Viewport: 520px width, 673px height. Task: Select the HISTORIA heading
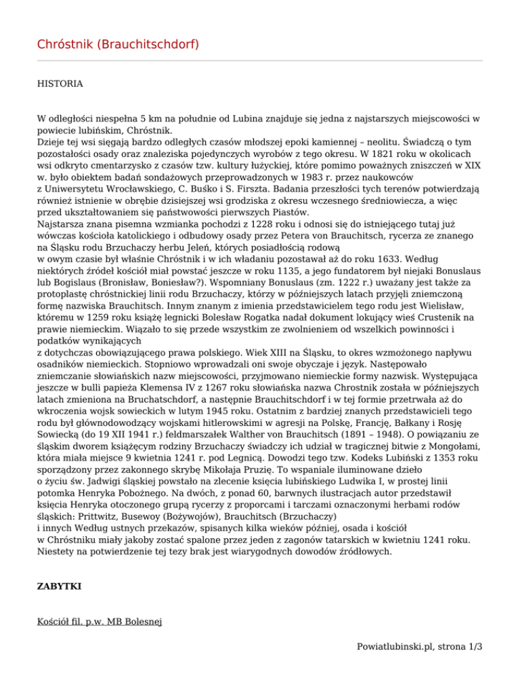point(60,84)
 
